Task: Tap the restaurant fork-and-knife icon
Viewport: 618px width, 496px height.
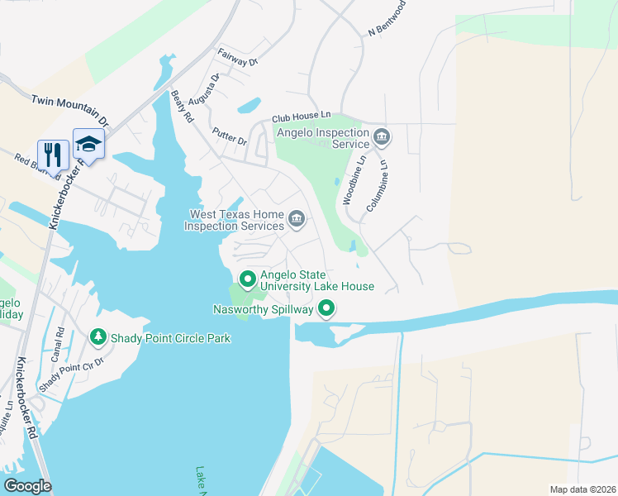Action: (x=52, y=153)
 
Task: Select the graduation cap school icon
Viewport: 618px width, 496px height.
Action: (x=88, y=143)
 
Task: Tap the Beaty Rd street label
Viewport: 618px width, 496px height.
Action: (x=181, y=107)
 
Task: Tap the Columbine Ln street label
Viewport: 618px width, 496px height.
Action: (x=378, y=184)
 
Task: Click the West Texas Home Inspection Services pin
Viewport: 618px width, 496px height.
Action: (x=297, y=219)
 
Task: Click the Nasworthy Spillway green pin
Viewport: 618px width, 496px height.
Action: (x=327, y=310)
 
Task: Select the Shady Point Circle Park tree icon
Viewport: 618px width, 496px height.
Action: (x=97, y=337)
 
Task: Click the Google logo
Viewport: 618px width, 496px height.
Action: (x=27, y=486)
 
